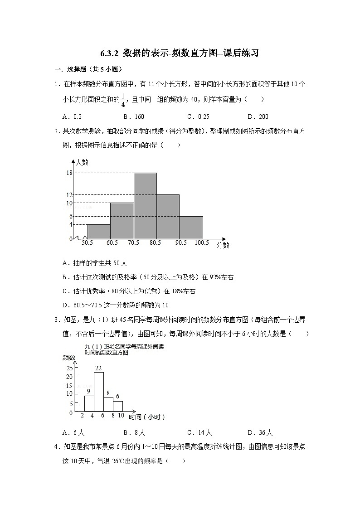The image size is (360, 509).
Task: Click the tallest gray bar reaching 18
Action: tap(145, 205)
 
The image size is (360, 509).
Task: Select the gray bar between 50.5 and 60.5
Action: tap(99, 231)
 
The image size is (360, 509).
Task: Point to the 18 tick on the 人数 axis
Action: tap(69, 173)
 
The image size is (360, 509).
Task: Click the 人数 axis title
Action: tap(82, 162)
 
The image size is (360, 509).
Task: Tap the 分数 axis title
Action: tap(223, 245)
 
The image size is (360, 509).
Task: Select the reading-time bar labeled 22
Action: tap(99, 392)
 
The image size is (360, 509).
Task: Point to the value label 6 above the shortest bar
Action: tap(118, 397)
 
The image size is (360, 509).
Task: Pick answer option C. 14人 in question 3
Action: tap(199, 432)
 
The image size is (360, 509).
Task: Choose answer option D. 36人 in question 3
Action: tap(260, 432)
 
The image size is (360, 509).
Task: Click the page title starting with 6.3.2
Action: tap(180, 53)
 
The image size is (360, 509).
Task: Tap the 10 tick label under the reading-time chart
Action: tap(121, 415)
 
